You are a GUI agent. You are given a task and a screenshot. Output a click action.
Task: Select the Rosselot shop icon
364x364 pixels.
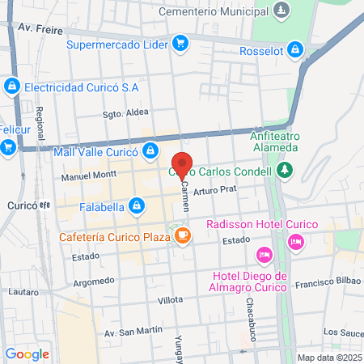295,51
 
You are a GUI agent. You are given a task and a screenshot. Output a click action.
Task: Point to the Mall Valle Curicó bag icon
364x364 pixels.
150,150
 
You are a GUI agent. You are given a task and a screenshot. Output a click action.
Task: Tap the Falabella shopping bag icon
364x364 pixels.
137,206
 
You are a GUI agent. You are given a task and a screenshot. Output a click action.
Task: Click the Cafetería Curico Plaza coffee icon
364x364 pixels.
183,236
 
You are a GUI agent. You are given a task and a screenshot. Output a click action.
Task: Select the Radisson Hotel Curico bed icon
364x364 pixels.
296,240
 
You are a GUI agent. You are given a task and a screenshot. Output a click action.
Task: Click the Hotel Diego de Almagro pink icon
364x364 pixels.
263,256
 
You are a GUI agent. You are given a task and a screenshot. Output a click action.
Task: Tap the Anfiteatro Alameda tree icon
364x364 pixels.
284,170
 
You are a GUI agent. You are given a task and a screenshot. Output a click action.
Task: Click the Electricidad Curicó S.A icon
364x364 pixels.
11,85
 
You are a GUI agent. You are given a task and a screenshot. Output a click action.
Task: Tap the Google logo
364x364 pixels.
27,353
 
